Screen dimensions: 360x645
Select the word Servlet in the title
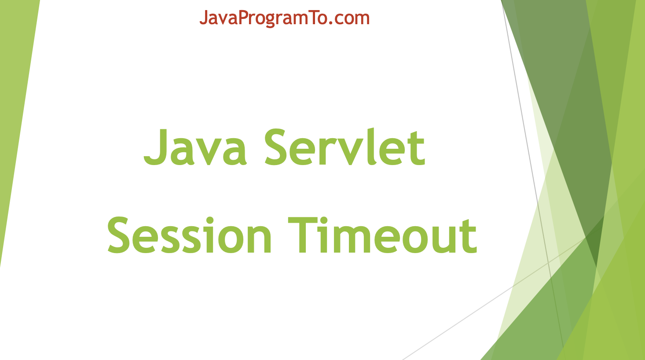click(344, 147)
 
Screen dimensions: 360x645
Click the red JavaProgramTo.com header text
click(284, 18)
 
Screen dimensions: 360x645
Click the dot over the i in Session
click(210, 220)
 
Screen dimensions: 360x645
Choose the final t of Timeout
click(470, 238)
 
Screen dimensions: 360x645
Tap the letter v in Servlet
click(351, 152)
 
